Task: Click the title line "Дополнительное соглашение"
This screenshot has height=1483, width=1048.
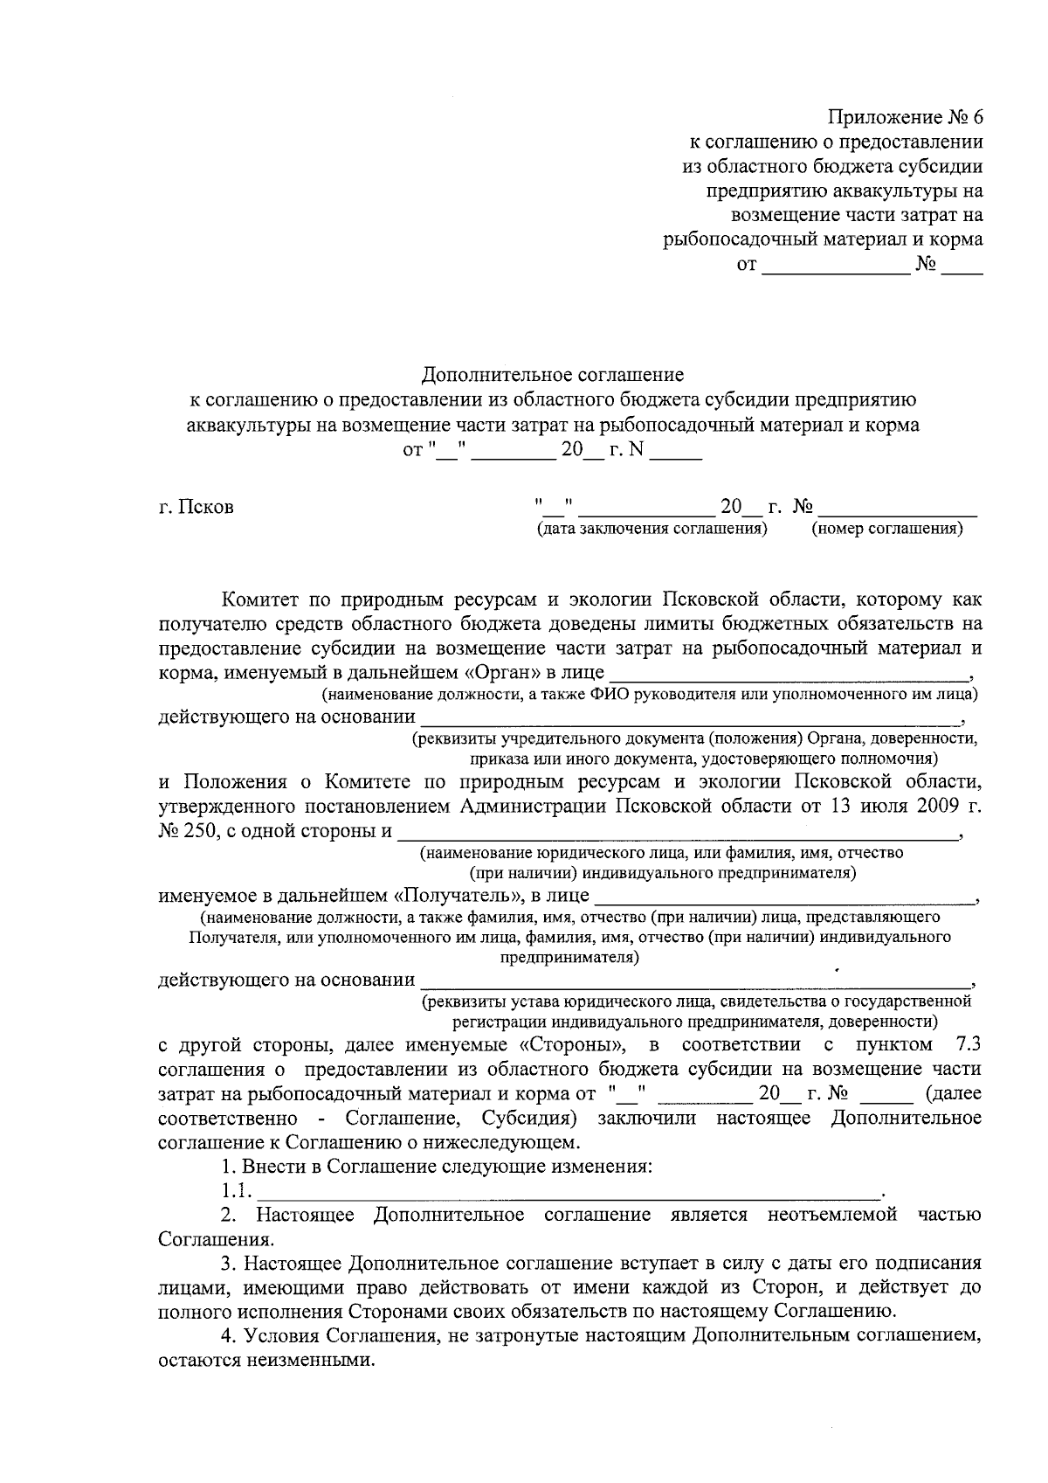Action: [552, 376]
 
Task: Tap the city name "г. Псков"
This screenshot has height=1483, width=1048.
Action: [196, 508]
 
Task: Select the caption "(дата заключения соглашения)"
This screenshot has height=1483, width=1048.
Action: [652, 529]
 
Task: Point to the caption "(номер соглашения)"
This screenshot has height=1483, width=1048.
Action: [886, 529]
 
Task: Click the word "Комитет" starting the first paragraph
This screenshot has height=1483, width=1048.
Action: [259, 600]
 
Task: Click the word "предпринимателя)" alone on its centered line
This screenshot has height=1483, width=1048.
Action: [569, 958]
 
